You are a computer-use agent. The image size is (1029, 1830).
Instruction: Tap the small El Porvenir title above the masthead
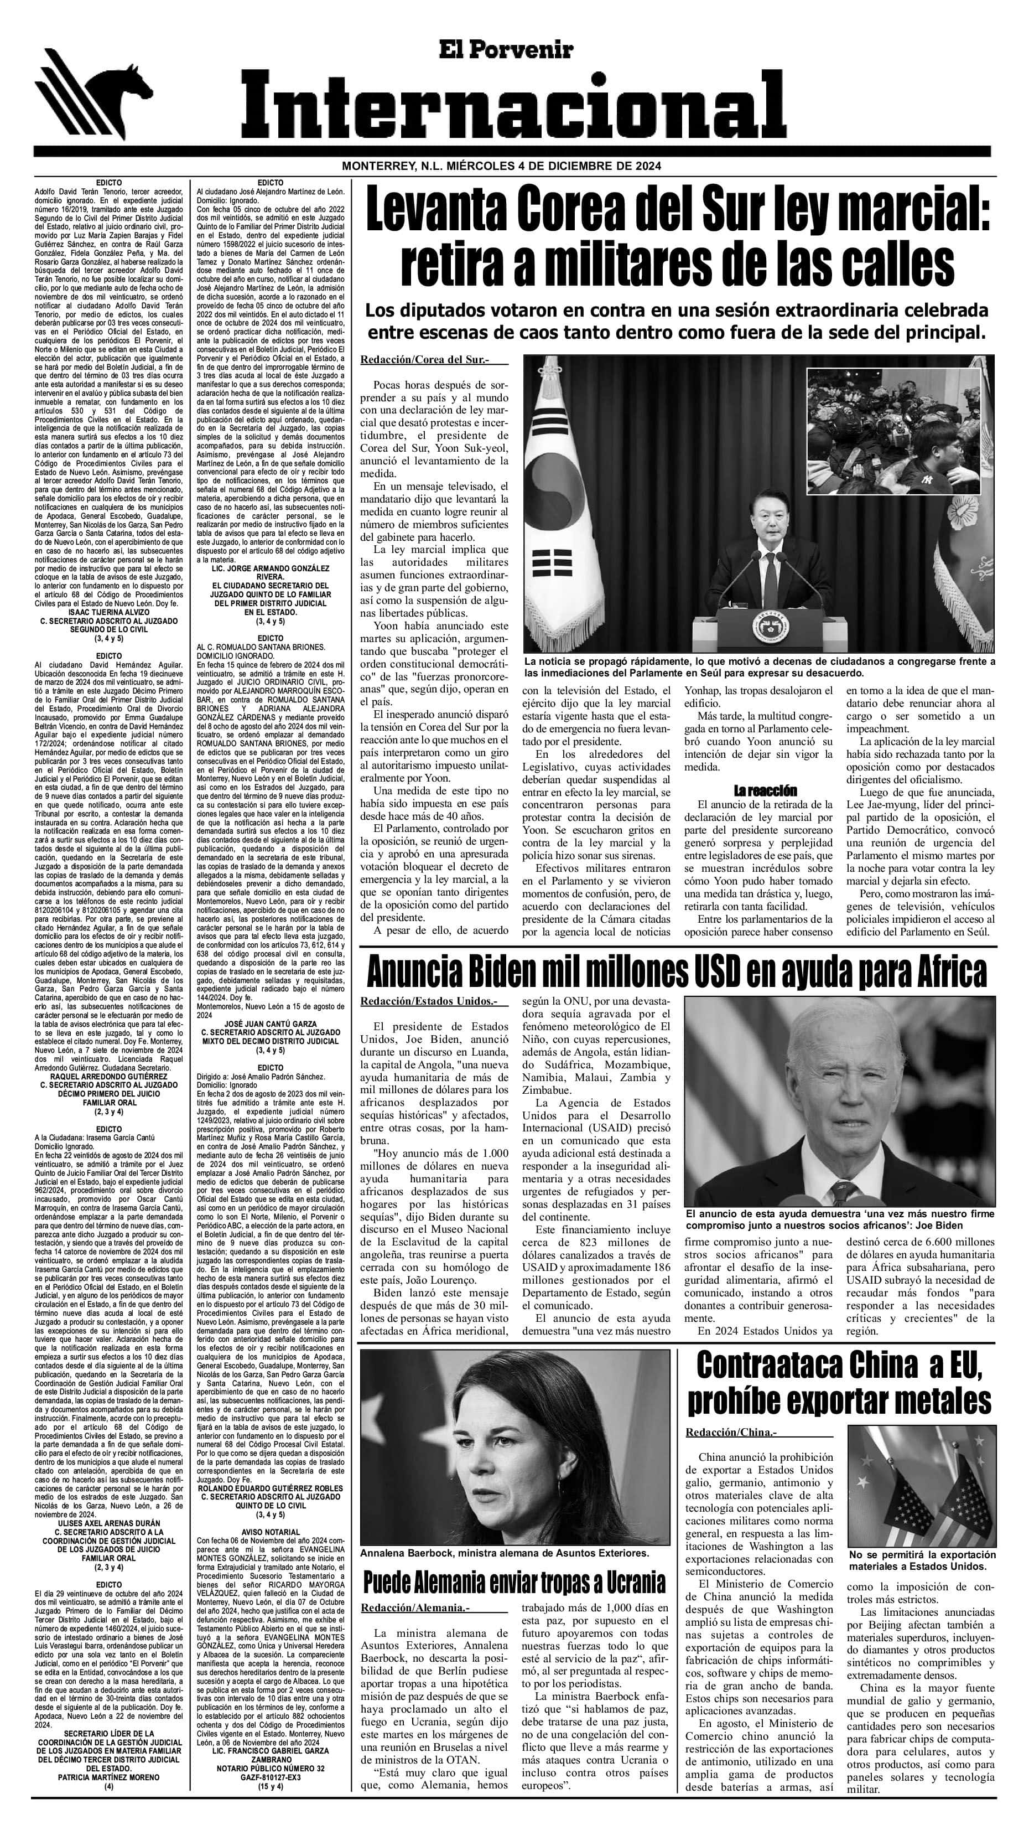click(x=515, y=49)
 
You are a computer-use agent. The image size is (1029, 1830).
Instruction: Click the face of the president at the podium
click(x=766, y=514)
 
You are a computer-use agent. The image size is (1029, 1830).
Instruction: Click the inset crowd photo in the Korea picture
click(x=894, y=431)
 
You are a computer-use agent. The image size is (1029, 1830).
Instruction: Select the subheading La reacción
click(x=764, y=790)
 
